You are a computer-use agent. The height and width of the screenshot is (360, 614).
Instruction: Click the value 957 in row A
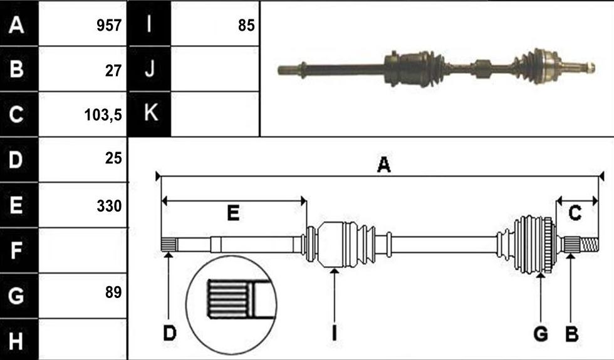point(109,26)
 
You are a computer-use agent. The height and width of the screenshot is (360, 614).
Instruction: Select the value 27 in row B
point(113,71)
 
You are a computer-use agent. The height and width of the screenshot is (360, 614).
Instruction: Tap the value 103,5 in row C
point(103,115)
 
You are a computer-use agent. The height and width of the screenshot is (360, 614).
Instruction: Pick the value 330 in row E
point(109,206)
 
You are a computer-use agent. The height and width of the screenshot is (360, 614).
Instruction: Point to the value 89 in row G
point(113,292)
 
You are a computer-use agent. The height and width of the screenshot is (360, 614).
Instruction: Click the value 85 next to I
point(246,26)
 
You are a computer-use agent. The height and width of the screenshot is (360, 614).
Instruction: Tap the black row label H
point(16,341)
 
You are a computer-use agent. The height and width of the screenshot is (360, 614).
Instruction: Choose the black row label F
point(16,250)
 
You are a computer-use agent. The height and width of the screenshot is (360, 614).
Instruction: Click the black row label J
point(150,69)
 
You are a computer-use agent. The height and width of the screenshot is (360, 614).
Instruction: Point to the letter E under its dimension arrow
point(233,213)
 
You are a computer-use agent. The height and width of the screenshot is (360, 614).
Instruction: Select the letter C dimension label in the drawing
point(575,213)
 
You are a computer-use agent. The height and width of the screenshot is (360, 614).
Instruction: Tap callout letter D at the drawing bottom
point(170,334)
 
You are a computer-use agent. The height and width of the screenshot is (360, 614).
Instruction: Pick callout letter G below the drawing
point(540,334)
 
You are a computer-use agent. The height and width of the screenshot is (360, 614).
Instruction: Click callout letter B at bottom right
point(571,334)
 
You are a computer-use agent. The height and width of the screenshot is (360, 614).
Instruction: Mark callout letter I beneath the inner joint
point(334,334)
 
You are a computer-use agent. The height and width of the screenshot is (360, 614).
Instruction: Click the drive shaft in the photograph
point(436,68)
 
